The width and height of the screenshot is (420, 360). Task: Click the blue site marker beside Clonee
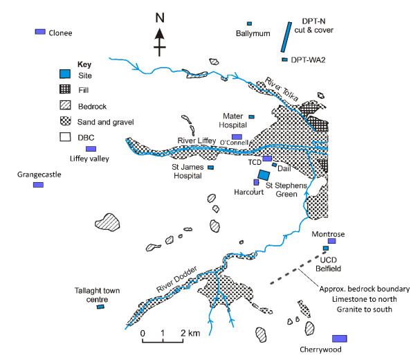pyautogui.click(x=41, y=32)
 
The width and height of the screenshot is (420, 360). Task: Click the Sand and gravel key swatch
pyautogui.click(x=65, y=122)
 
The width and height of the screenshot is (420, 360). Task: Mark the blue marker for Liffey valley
pyautogui.click(x=91, y=150)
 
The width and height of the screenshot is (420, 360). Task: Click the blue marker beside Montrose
pyautogui.click(x=340, y=240)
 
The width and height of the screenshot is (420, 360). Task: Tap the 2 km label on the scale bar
pyautogui.click(x=190, y=334)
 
